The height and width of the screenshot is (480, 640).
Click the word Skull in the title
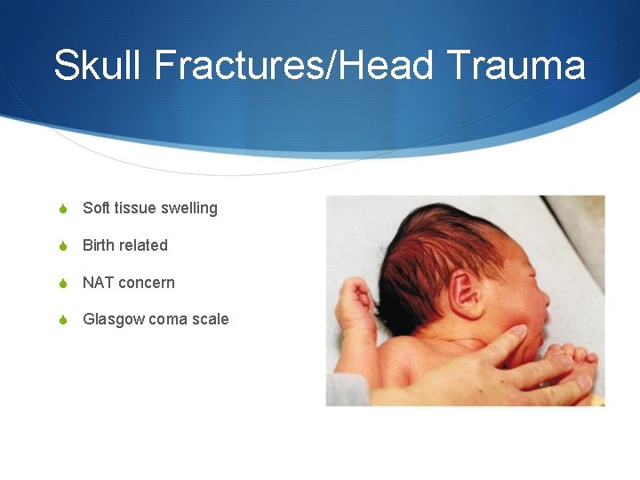[90, 66]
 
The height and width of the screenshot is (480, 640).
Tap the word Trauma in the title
[516, 66]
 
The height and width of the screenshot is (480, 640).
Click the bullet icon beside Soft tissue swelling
[62, 209]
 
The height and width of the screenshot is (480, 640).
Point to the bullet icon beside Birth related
[62, 246]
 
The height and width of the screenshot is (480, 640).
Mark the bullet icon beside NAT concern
[62, 284]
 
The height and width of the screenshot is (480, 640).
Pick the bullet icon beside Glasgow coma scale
[62, 320]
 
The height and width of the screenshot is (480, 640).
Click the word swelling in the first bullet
[190, 209]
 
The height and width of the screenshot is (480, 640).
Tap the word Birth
[99, 245]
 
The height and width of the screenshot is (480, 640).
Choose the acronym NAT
[98, 283]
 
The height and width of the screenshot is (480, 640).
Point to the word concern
[147, 283]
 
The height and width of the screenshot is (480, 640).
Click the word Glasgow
[113, 319]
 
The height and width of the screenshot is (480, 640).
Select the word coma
[168, 319]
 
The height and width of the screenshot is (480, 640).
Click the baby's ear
[465, 294]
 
